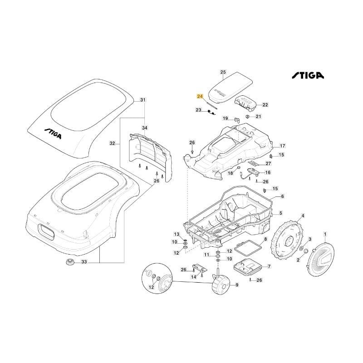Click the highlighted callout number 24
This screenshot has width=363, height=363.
pos(200,97)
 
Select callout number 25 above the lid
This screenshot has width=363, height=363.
pos(223,72)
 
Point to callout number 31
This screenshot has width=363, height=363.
pos(143,100)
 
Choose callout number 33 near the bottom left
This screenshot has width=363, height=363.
pos(83,262)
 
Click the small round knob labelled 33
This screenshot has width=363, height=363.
pos(70,262)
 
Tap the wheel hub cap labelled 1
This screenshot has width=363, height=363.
pos(320,258)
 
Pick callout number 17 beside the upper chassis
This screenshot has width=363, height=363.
pos(282,146)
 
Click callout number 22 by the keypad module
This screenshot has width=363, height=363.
pos(265,105)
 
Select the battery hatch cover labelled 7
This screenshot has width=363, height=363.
pos(245,267)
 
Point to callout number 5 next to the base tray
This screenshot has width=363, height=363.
pos(280,213)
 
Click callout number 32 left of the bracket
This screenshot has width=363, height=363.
pos(113,143)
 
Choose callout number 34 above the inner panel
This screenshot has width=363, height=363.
pos(145,128)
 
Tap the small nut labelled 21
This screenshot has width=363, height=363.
pos(247,117)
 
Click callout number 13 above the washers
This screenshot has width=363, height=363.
pos(177,234)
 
